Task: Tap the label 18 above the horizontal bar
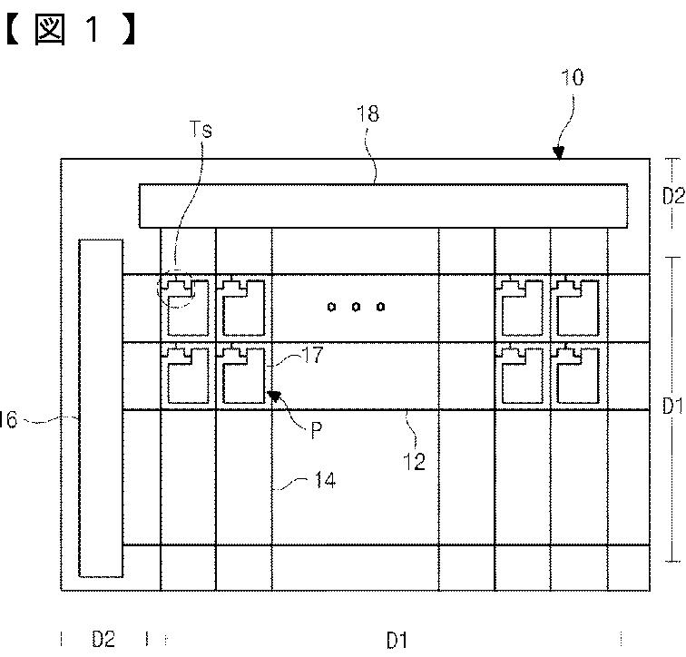coord(368,114)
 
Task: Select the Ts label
coord(201,130)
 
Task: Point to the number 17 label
coord(312,357)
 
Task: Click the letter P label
coord(317,430)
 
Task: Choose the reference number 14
coord(325,480)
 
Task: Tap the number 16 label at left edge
coord(8,419)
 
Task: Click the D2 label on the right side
coord(672,195)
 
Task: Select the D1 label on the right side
coord(672,403)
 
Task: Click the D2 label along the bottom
coord(103,640)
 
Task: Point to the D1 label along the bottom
coord(397,641)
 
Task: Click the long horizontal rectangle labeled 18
coord(383,205)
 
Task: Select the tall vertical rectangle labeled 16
coord(101,407)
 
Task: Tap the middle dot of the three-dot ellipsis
coord(357,307)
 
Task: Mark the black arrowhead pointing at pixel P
coord(273,396)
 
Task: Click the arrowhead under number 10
coord(558,153)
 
